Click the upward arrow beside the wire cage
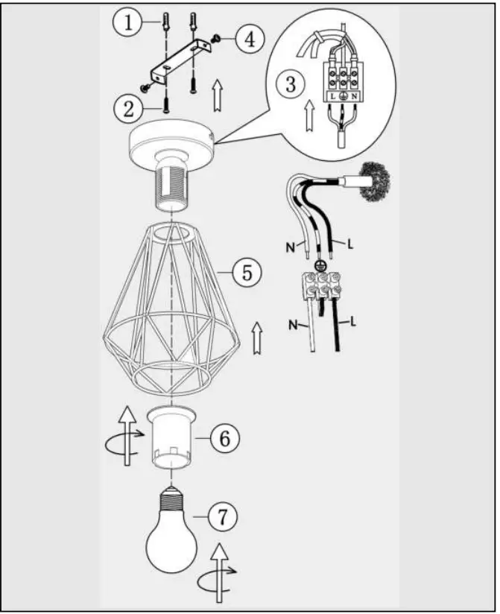[x=257, y=336]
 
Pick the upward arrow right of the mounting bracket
[x=218, y=95]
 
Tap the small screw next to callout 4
[x=215, y=38]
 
